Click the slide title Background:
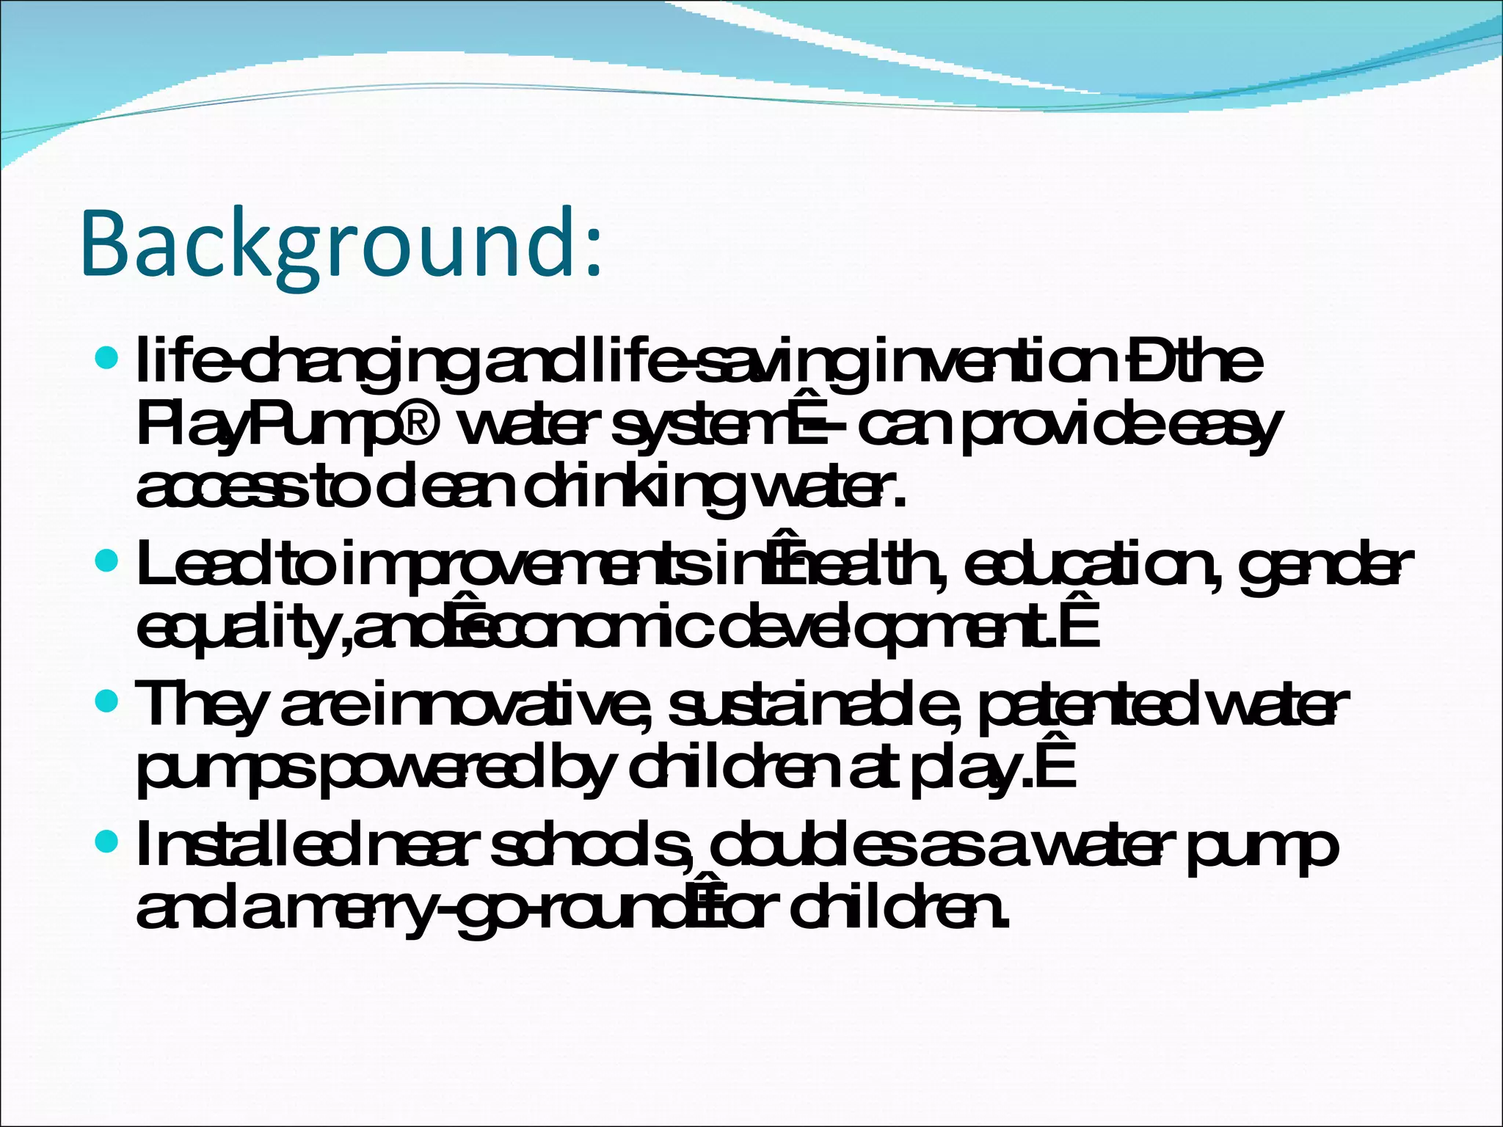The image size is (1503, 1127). (341, 244)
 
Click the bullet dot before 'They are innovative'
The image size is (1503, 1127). (107, 701)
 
